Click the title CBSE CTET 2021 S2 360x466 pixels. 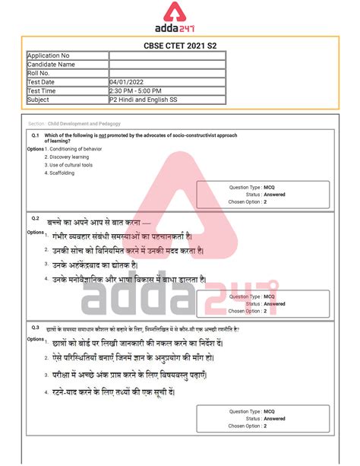pos(179,46)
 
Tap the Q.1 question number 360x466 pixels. pos(35,135)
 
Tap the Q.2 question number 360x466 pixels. pos(35,219)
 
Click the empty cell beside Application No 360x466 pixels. pos(167,55)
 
